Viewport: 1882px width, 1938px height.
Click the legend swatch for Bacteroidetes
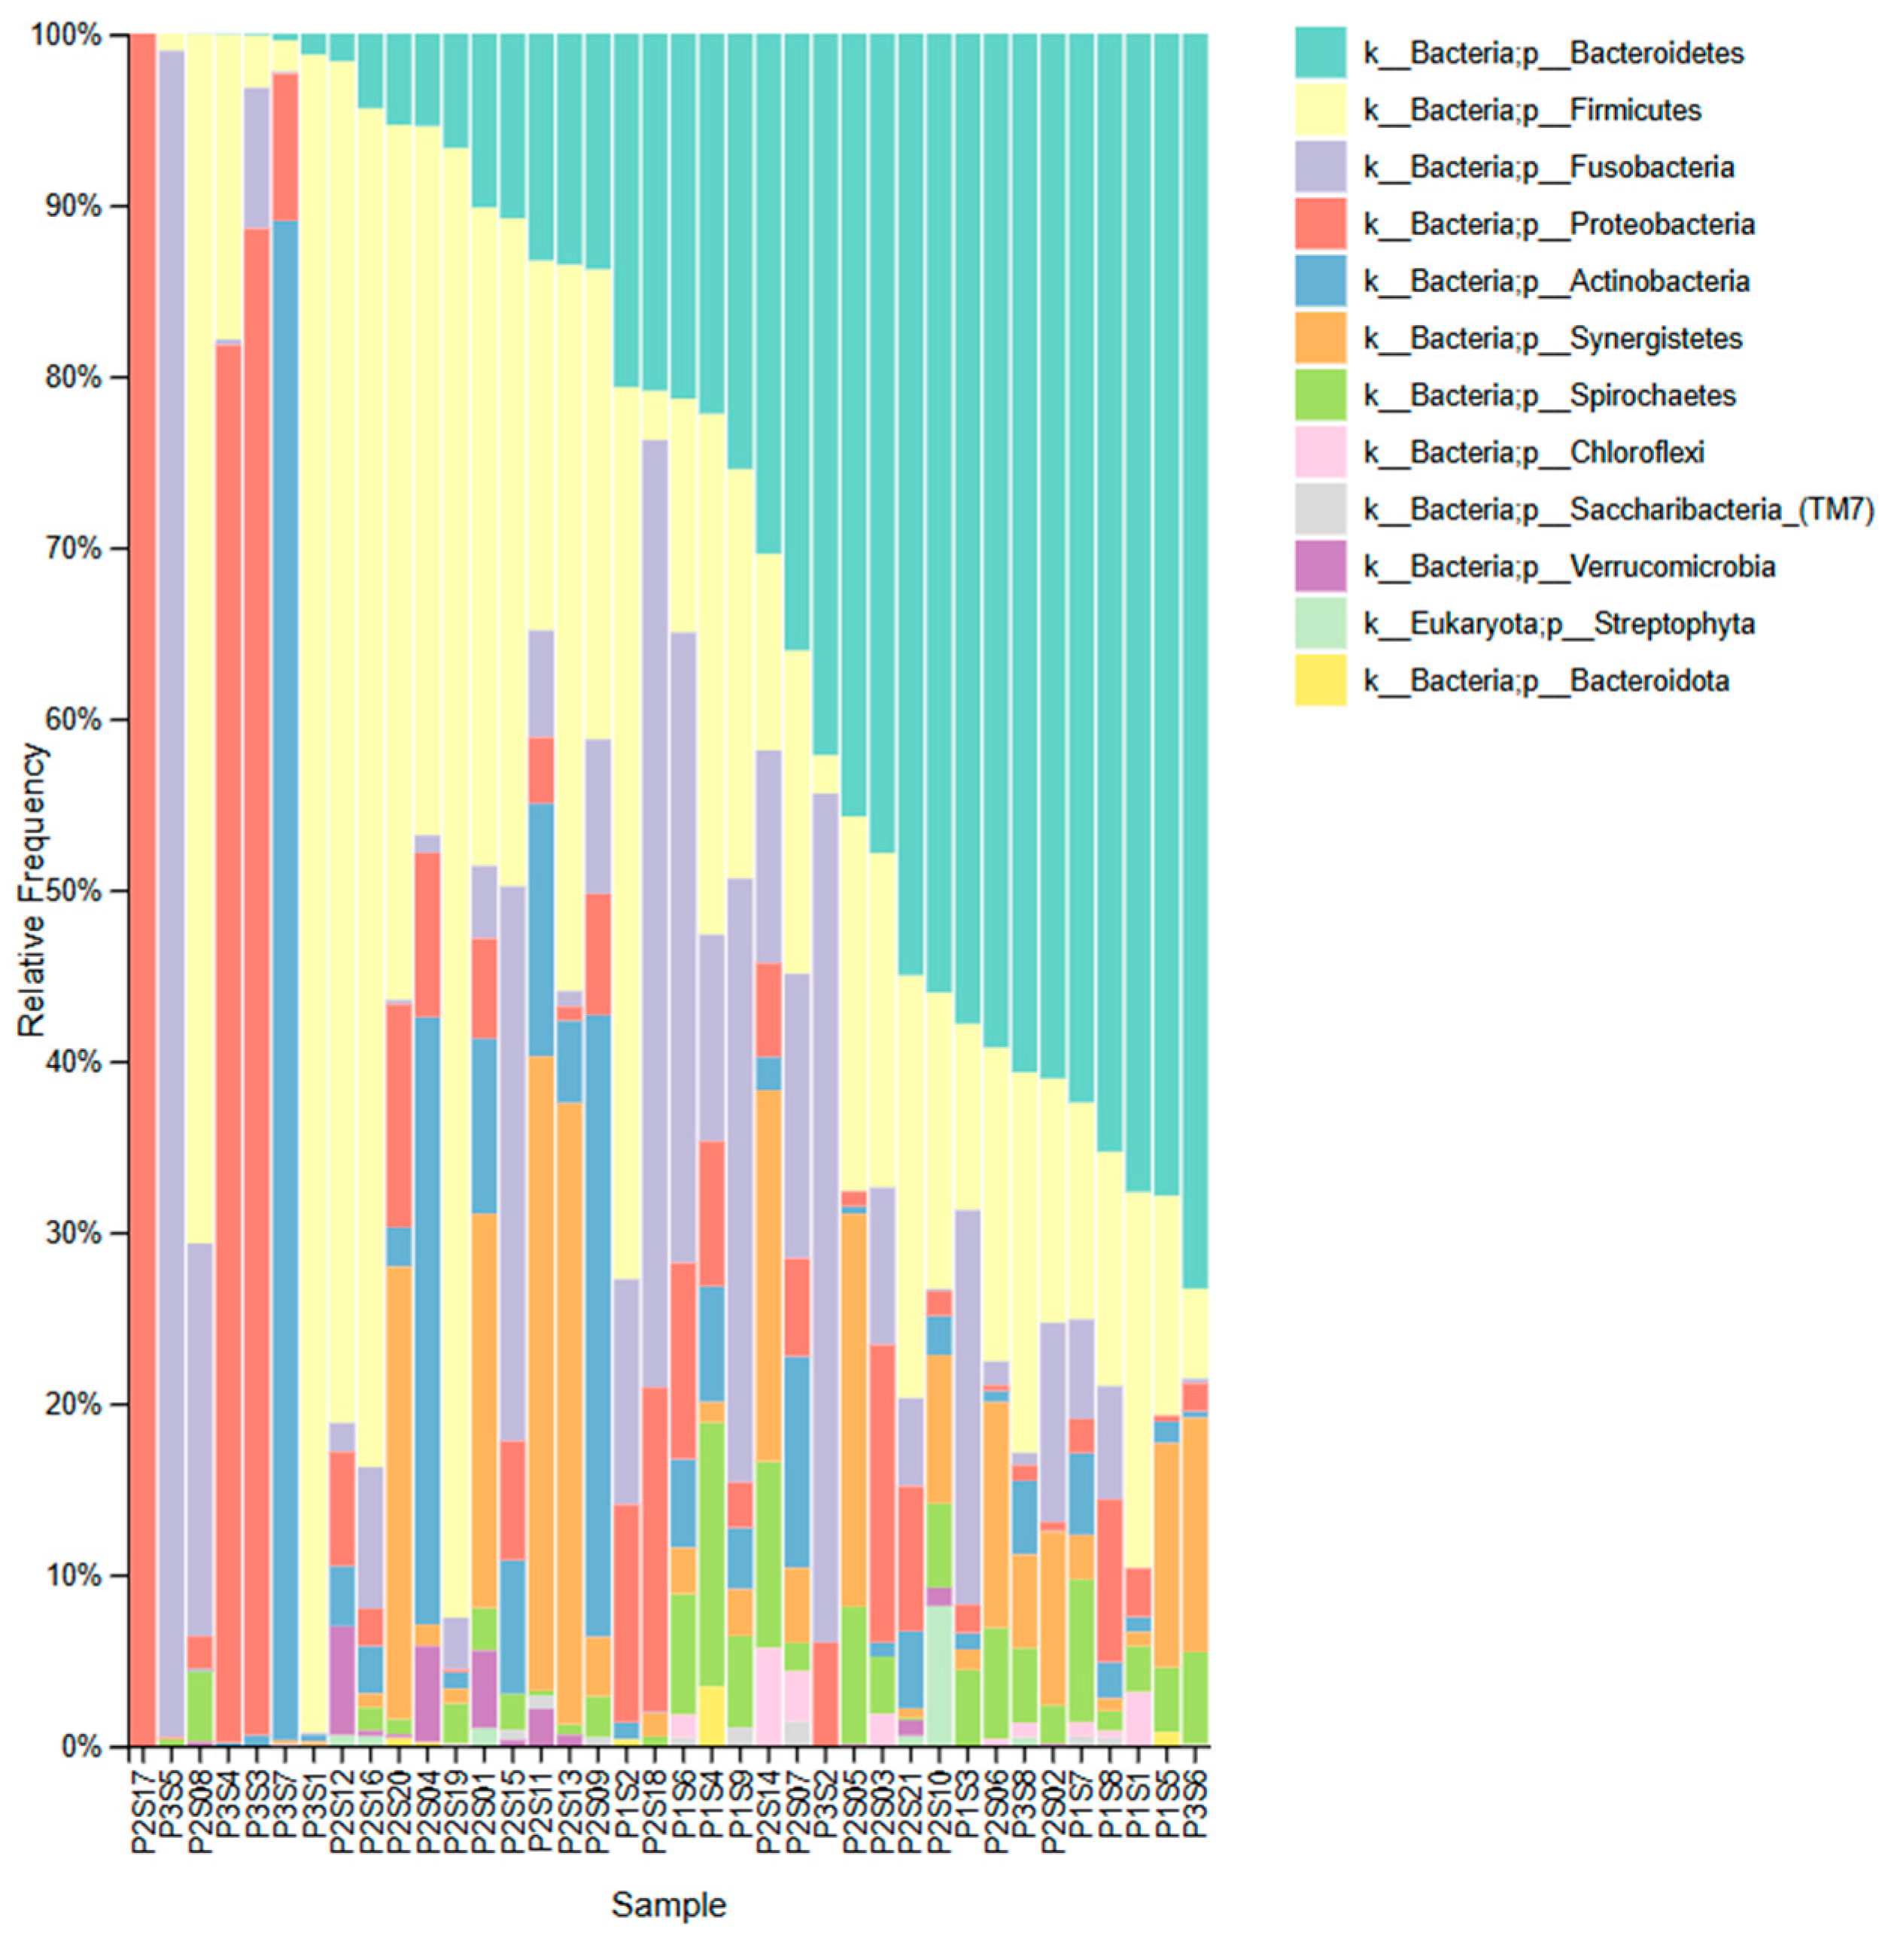coord(1320,53)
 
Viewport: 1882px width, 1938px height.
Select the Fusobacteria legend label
coord(1548,166)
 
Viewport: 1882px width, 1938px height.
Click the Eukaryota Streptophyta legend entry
coord(1558,624)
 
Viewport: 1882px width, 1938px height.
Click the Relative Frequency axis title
coord(32,890)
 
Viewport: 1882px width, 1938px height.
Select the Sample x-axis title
coord(668,1904)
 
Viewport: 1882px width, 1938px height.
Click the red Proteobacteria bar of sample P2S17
coord(142,890)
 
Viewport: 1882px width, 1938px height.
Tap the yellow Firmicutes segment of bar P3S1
coord(313,890)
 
